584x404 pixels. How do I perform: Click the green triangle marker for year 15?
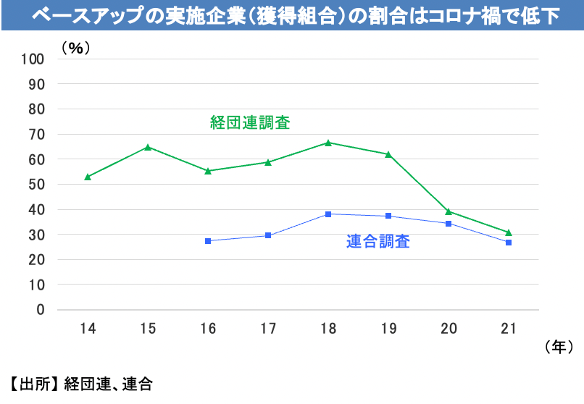tap(148, 147)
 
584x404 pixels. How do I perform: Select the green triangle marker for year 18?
tap(328, 143)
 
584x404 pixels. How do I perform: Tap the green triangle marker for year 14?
tap(88, 177)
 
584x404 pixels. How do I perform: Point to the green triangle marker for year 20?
tap(449, 211)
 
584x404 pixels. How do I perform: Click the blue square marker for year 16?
tap(208, 240)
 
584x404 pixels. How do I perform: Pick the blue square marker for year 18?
tap(328, 214)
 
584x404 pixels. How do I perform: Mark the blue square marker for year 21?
tap(509, 243)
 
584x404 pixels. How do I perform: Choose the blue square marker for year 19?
tap(388, 216)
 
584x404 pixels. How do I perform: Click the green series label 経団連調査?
tap(250, 122)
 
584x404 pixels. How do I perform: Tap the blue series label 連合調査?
tap(377, 242)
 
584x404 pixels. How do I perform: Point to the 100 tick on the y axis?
tap(33, 59)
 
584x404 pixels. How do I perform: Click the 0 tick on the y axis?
tap(41, 310)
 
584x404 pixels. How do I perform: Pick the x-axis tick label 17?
tap(268, 329)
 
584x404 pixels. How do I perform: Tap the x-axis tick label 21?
tap(509, 329)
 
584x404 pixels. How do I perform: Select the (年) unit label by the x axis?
tap(559, 348)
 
